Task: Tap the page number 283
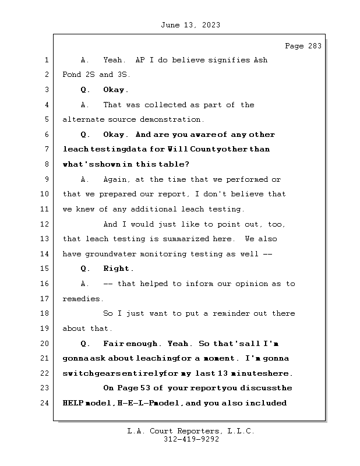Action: pyautogui.click(x=314, y=47)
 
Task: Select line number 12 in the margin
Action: pyautogui.click(x=46, y=224)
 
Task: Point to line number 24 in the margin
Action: pyautogui.click(x=46, y=403)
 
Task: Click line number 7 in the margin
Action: pyautogui.click(x=46, y=149)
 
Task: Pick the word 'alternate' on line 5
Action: pyautogui.click(x=82, y=119)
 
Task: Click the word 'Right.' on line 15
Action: pyautogui.click(x=118, y=269)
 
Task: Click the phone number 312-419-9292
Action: pyautogui.click(x=192, y=440)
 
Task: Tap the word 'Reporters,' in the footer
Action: pyautogui.click(x=195, y=432)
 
